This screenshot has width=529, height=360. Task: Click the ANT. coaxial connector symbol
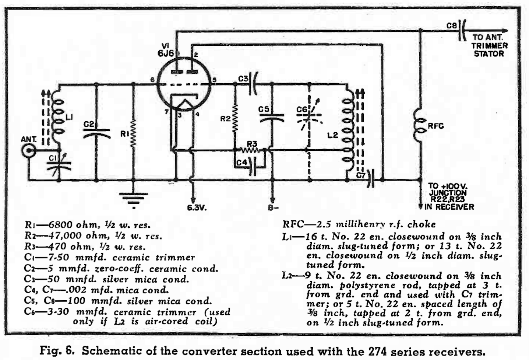pos(29,151)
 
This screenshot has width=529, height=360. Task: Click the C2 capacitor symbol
pos(96,133)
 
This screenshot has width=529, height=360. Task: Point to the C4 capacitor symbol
pos(253,167)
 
